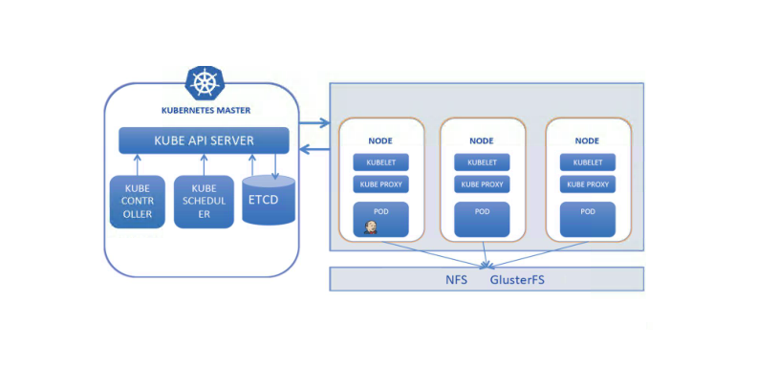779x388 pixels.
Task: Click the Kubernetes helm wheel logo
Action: point(204,82)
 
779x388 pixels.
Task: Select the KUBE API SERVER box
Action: point(204,140)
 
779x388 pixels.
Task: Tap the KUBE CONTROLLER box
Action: point(137,202)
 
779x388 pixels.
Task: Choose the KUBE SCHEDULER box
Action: point(204,202)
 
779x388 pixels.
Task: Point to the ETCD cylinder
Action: point(269,201)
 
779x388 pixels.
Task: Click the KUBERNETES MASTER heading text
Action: point(206,110)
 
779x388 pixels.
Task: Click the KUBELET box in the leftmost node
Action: point(380,162)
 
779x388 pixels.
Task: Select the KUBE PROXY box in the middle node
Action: point(483,184)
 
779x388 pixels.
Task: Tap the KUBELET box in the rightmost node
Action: point(588,162)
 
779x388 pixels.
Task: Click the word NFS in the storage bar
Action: point(456,280)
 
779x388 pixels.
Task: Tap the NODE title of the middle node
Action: point(483,140)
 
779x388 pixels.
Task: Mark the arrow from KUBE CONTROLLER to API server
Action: point(137,164)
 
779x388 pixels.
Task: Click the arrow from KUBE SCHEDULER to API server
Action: point(204,164)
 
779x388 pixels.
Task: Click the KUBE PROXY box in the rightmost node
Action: point(588,184)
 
